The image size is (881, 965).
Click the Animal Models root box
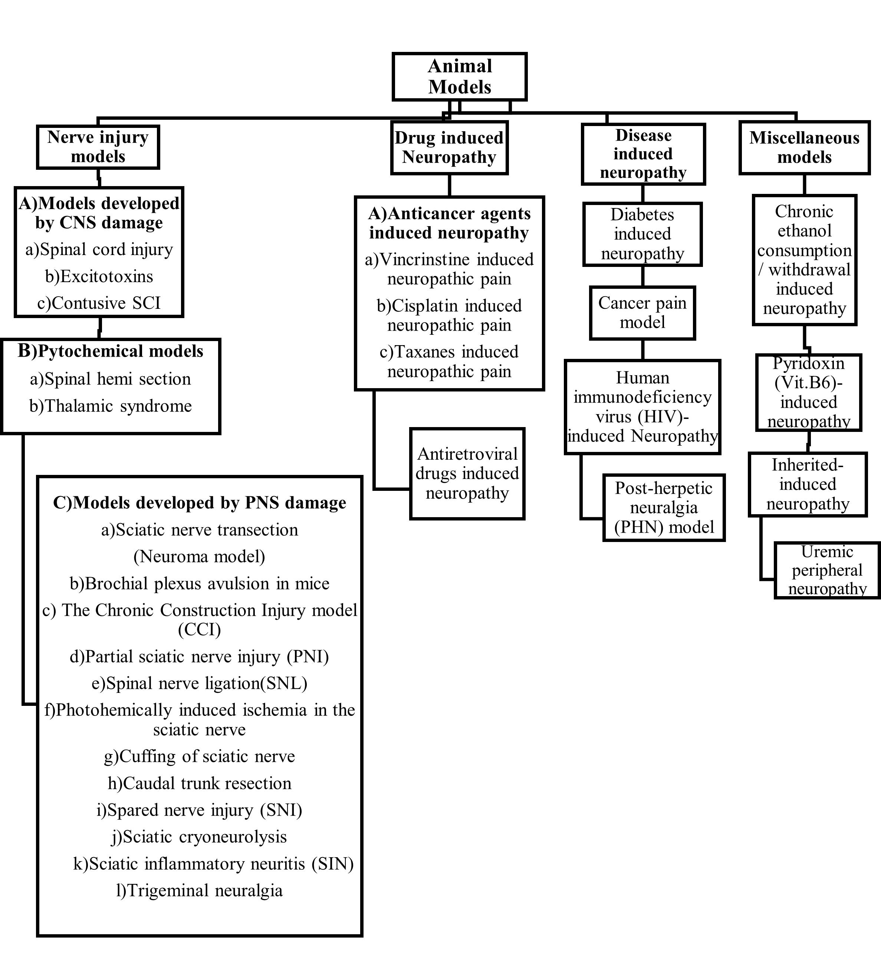pyautogui.click(x=460, y=77)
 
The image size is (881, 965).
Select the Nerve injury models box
pyautogui.click(x=98, y=147)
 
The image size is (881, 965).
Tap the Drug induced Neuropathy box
pyautogui.click(x=449, y=148)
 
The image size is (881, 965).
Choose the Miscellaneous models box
pyautogui.click(x=804, y=148)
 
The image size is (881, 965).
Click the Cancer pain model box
pyautogui.click(x=642, y=313)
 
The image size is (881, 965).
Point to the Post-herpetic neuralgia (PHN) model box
pyautogui.click(x=664, y=508)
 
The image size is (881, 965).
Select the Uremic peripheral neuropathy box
pyautogui.click(x=827, y=570)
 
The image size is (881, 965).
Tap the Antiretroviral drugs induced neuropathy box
pyautogui.click(x=467, y=473)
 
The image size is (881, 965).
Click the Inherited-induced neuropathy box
pyautogui.click(x=808, y=485)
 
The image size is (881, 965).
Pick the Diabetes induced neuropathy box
pyautogui.click(x=642, y=234)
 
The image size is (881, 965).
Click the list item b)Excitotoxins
pyautogui.click(x=99, y=276)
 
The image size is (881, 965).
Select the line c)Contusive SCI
pyautogui.click(x=99, y=303)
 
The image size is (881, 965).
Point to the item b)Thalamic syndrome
pyautogui.click(x=111, y=406)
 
